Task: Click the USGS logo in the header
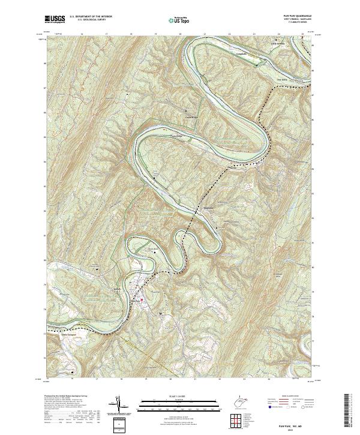click(x=55, y=19)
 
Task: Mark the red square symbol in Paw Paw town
click(x=142, y=299)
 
